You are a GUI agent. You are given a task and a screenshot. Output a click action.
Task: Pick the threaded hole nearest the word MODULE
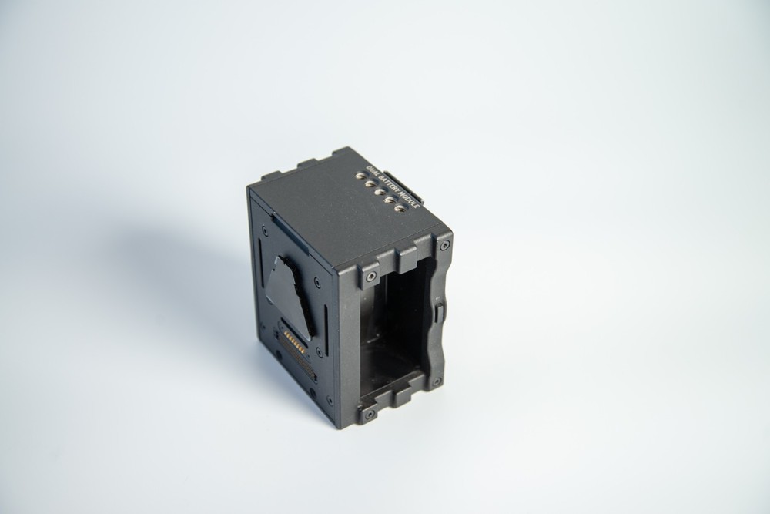[x=399, y=207]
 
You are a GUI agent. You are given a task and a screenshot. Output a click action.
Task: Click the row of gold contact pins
[x=293, y=341]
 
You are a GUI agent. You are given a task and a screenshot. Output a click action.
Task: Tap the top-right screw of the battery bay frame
[x=444, y=246]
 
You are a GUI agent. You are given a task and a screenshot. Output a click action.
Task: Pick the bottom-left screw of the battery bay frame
[x=370, y=414]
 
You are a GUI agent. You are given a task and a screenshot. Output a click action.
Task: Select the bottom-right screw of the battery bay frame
[x=437, y=381]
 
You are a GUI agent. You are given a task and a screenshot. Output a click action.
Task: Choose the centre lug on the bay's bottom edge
[x=402, y=396]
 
